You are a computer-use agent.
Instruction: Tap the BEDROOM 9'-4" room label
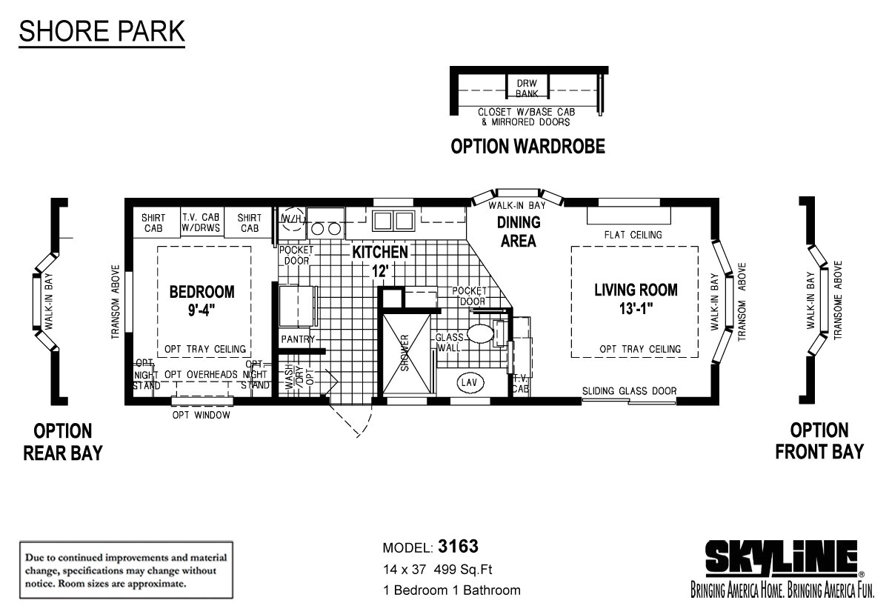tap(202, 299)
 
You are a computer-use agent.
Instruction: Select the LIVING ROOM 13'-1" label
tap(635, 298)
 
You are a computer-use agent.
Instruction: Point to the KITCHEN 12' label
tap(380, 260)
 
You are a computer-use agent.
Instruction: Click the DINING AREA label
tap(519, 231)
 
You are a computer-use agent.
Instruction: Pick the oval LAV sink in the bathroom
tap(467, 382)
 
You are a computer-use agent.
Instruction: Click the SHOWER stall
tap(405, 353)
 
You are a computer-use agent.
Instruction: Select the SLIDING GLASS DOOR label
tap(629, 391)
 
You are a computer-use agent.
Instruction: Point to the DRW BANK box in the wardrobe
tap(527, 87)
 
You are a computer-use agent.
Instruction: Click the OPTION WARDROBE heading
tap(527, 147)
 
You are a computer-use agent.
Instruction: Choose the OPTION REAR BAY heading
tap(62, 442)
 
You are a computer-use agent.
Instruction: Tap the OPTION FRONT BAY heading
tap(819, 441)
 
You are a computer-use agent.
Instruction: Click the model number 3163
tap(458, 547)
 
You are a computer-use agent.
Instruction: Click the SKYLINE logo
tap(781, 559)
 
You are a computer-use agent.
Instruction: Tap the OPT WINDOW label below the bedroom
tap(202, 415)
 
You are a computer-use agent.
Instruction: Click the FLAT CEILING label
tap(633, 235)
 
